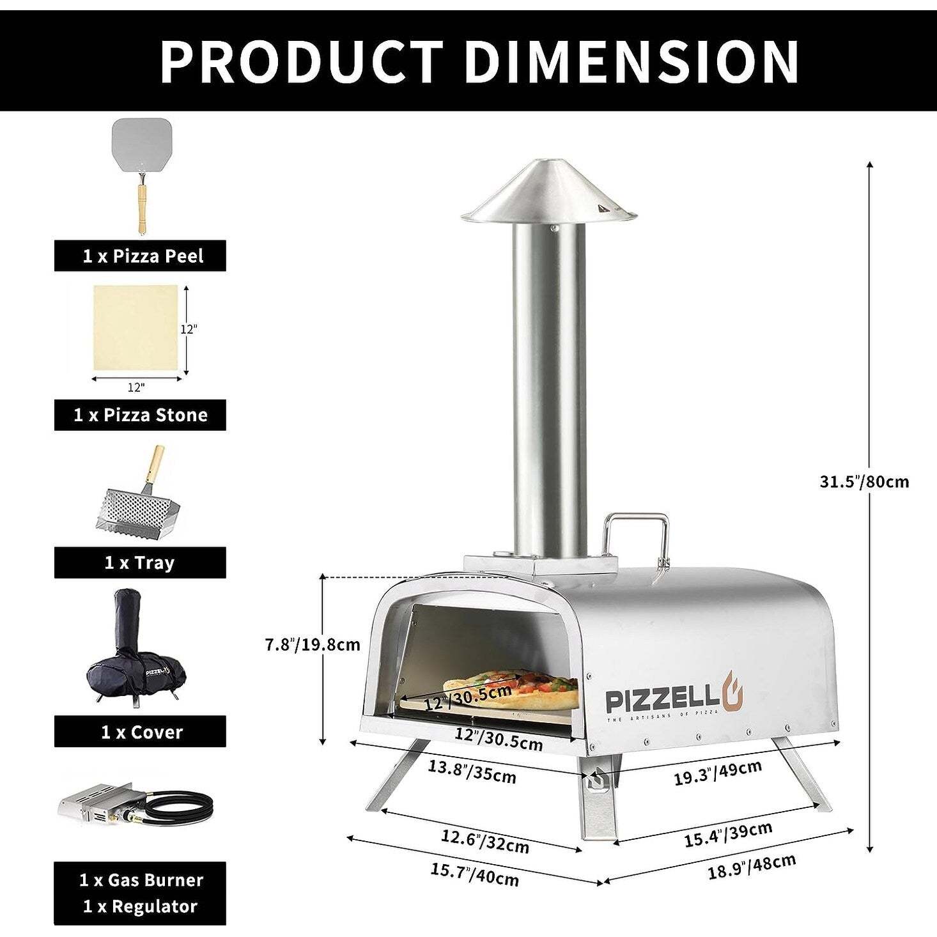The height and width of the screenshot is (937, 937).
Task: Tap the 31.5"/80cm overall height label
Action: coord(863,481)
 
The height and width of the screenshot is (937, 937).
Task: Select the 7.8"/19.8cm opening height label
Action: coord(313,644)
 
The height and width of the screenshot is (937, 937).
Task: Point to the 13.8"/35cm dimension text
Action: coord(472,771)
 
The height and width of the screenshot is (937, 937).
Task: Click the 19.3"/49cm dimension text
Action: coord(717,773)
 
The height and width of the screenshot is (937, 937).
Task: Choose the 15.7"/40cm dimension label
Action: coord(474,874)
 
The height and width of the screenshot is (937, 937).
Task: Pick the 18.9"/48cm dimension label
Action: coord(752,867)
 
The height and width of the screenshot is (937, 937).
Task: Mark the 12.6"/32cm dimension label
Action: coord(484,840)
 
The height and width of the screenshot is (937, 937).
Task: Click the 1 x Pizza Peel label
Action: coord(140,256)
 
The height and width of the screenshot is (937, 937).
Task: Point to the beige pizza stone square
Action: coord(136,327)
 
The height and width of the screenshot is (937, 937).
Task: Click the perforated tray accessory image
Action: coord(136,505)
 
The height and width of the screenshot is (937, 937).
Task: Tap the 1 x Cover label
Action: coord(140,732)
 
